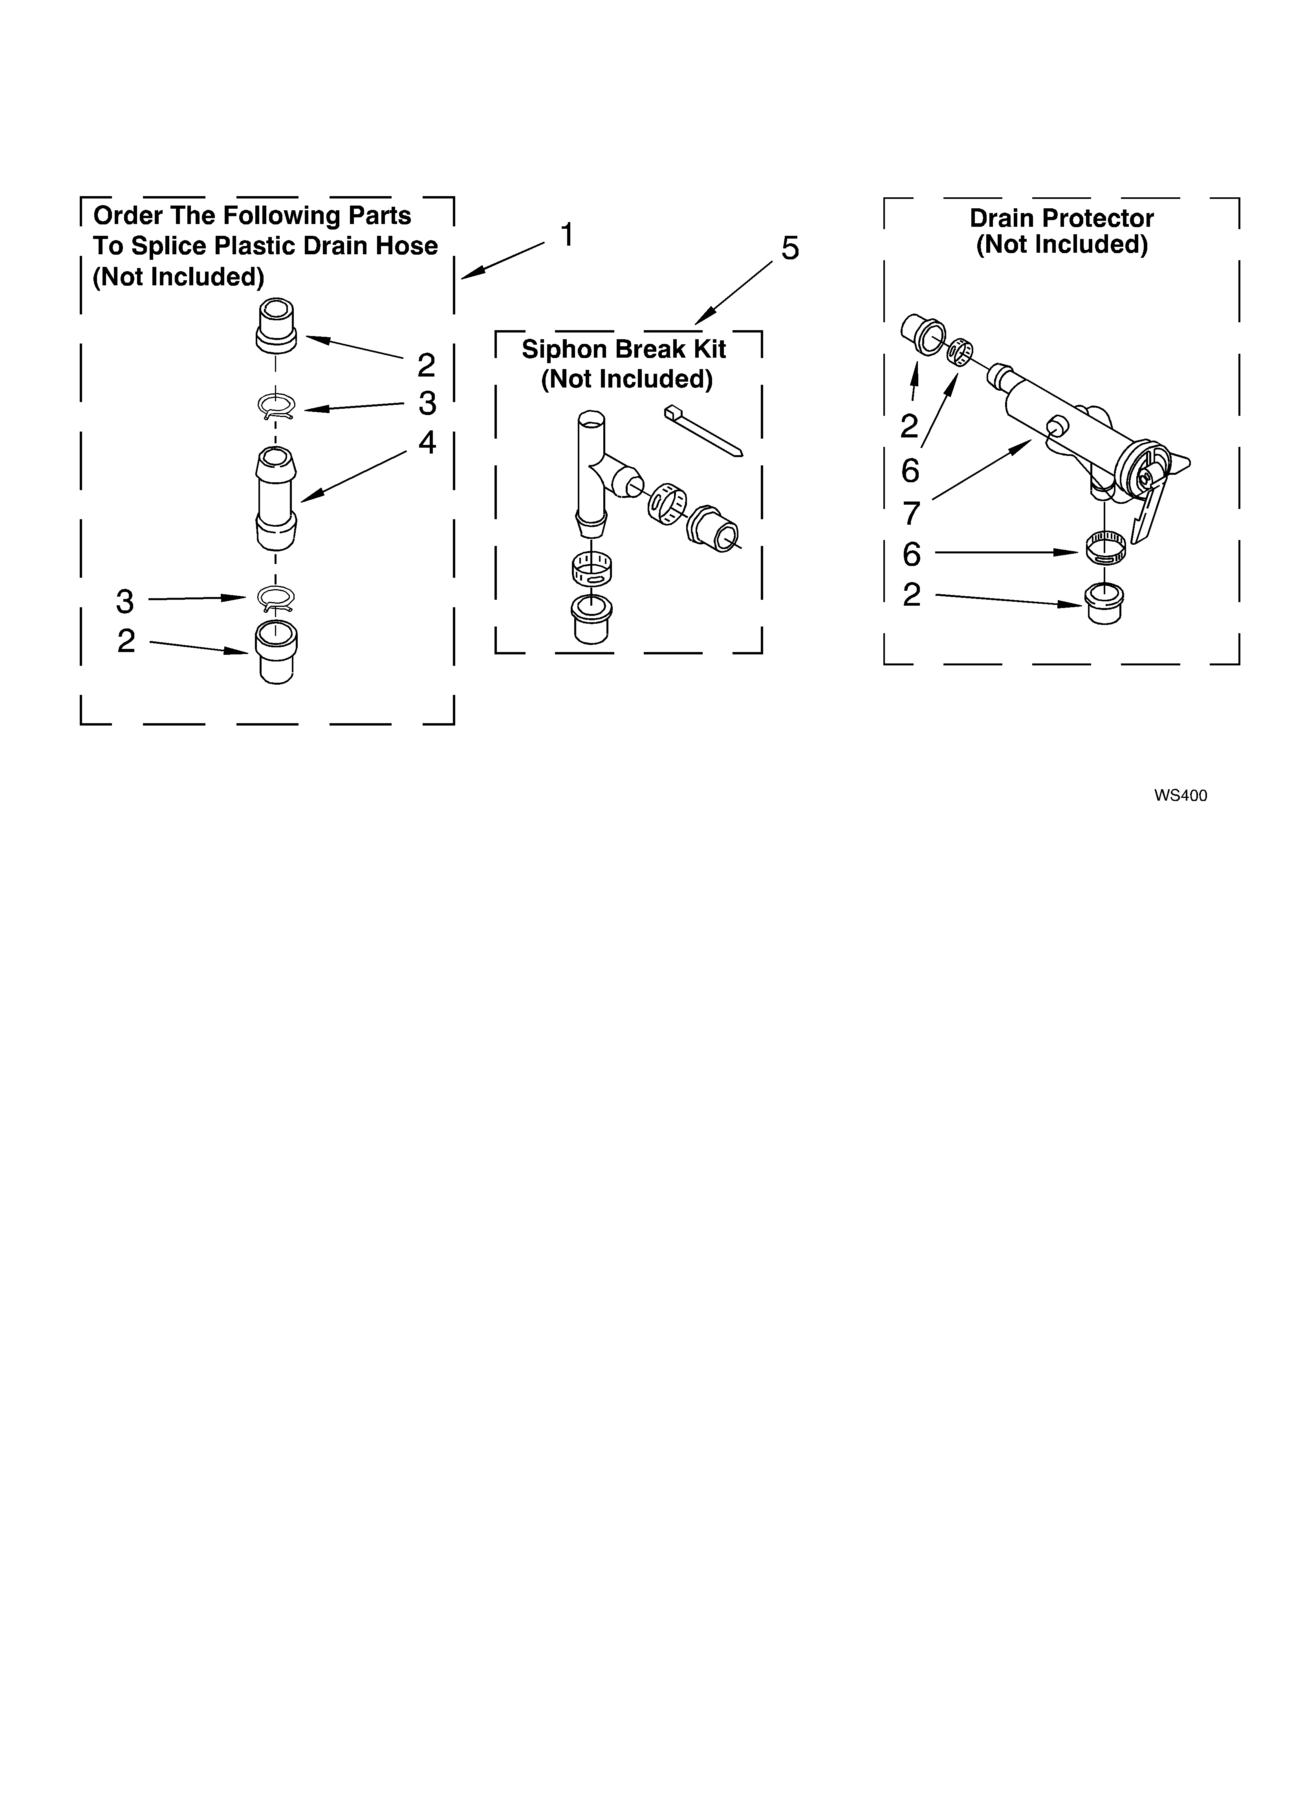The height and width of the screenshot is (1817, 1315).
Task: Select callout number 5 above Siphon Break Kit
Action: pos(789,249)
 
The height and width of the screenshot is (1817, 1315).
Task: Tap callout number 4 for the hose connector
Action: pos(427,442)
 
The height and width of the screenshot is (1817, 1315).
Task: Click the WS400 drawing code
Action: pos(1180,796)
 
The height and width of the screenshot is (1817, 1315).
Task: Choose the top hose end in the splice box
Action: pos(275,325)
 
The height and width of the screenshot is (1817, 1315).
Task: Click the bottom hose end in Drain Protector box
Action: pos(1104,603)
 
